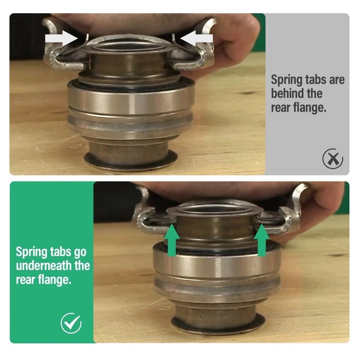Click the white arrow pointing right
tap(61, 39)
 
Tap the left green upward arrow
tap(172, 240)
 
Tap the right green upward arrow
tap(262, 240)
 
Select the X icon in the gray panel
tap(333, 159)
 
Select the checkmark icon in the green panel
tap(71, 323)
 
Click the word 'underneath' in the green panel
tap(44, 266)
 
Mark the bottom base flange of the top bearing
tap(131, 160)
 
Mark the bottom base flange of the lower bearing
tap(218, 324)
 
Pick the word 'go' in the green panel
tap(80, 253)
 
